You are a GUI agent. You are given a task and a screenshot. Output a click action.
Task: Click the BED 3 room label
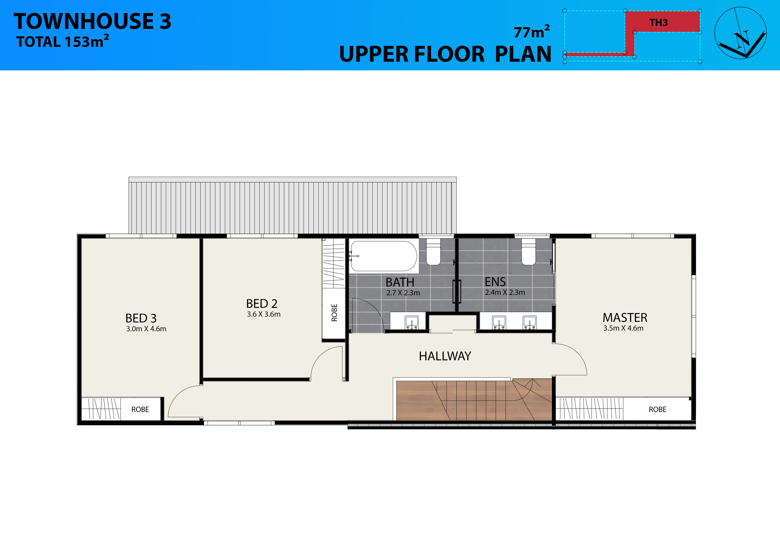141,318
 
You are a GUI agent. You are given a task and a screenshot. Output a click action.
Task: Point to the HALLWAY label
445,356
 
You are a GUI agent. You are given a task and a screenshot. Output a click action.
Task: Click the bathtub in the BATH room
383,256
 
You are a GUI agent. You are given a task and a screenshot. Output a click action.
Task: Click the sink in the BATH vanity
412,322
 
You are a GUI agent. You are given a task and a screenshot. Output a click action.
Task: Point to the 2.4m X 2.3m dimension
505,292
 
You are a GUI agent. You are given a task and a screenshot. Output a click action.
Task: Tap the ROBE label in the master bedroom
658,409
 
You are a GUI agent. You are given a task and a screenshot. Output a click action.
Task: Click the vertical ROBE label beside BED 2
334,312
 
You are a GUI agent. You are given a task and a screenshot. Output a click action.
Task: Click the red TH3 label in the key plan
658,23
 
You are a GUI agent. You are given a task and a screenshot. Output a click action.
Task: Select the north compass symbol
741,33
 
